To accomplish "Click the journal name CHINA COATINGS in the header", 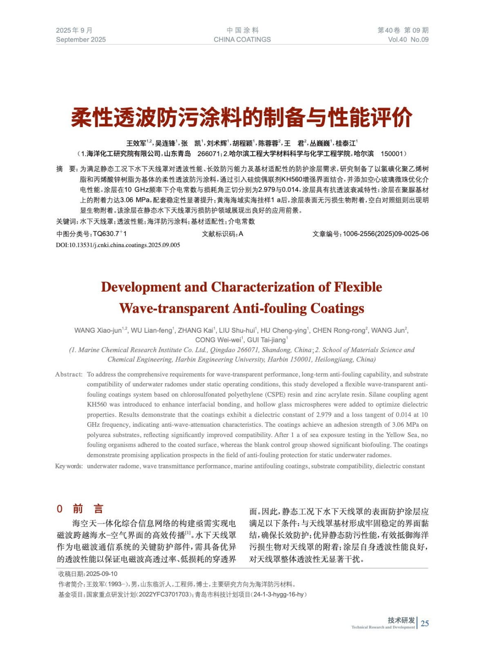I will pyautogui.click(x=242, y=40).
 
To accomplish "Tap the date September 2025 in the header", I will pyautogui.click(x=81, y=40).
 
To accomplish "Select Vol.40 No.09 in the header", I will pyautogui.click(x=408, y=40).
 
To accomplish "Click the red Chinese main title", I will pyautogui.click(x=242, y=118).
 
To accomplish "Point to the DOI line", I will pyautogui.click(x=118, y=245).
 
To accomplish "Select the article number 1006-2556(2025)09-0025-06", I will pyautogui.click(x=386, y=234).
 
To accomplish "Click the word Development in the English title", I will pyautogui.click(x=141, y=287).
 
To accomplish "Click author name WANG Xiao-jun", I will pyautogui.click(x=98, y=330).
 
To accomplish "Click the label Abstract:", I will pyautogui.click(x=69, y=374).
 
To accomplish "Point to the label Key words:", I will pyautogui.click(x=69, y=466).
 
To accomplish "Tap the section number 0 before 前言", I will pyautogui.click(x=60, y=509).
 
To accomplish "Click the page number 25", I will pyautogui.click(x=425, y=623).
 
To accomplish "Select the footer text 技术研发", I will pyautogui.click(x=401, y=620).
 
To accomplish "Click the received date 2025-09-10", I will pyautogui.click(x=102, y=574).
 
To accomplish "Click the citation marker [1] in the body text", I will pyautogui.click(x=188, y=533).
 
